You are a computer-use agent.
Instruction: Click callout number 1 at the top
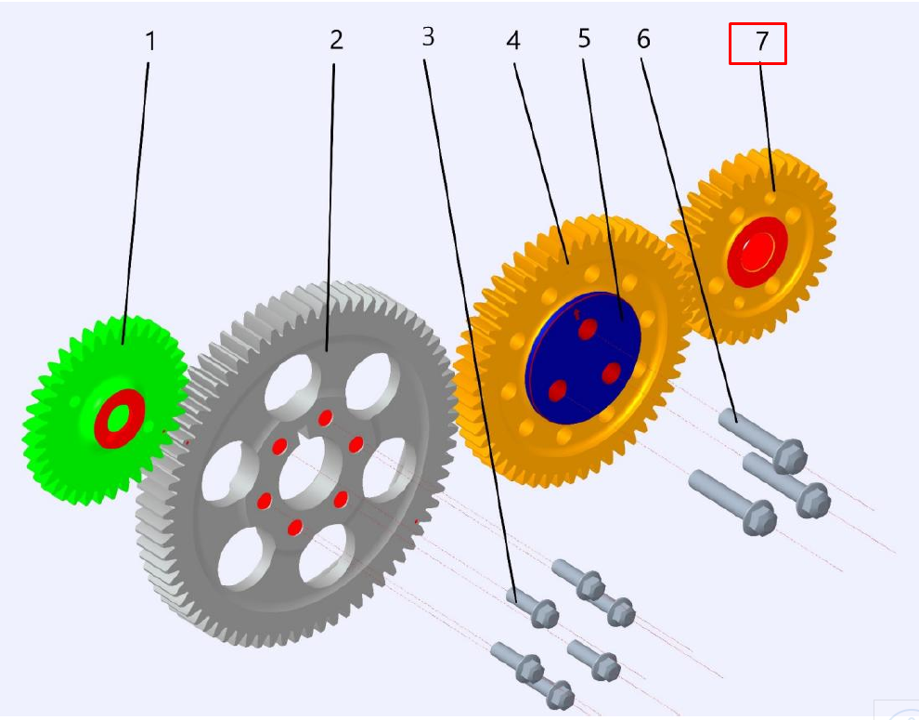point(150,41)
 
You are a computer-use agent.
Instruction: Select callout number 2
point(336,39)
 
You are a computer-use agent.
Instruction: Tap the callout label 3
point(429,36)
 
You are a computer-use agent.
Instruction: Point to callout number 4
point(513,41)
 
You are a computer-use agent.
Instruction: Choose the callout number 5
point(584,38)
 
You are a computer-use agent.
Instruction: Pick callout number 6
point(643,39)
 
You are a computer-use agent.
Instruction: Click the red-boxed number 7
point(761,41)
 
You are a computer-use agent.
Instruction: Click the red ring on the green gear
point(120,418)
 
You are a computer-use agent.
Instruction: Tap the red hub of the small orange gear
point(757,251)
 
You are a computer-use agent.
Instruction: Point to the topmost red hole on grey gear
point(325,418)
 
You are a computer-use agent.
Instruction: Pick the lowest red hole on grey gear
point(295,528)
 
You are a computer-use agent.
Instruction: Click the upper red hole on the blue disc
point(588,329)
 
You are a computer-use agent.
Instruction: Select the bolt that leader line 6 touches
point(762,441)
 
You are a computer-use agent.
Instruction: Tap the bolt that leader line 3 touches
point(532,608)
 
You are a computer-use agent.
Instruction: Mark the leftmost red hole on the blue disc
point(558,390)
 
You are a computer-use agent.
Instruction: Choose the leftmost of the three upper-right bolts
point(732,502)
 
